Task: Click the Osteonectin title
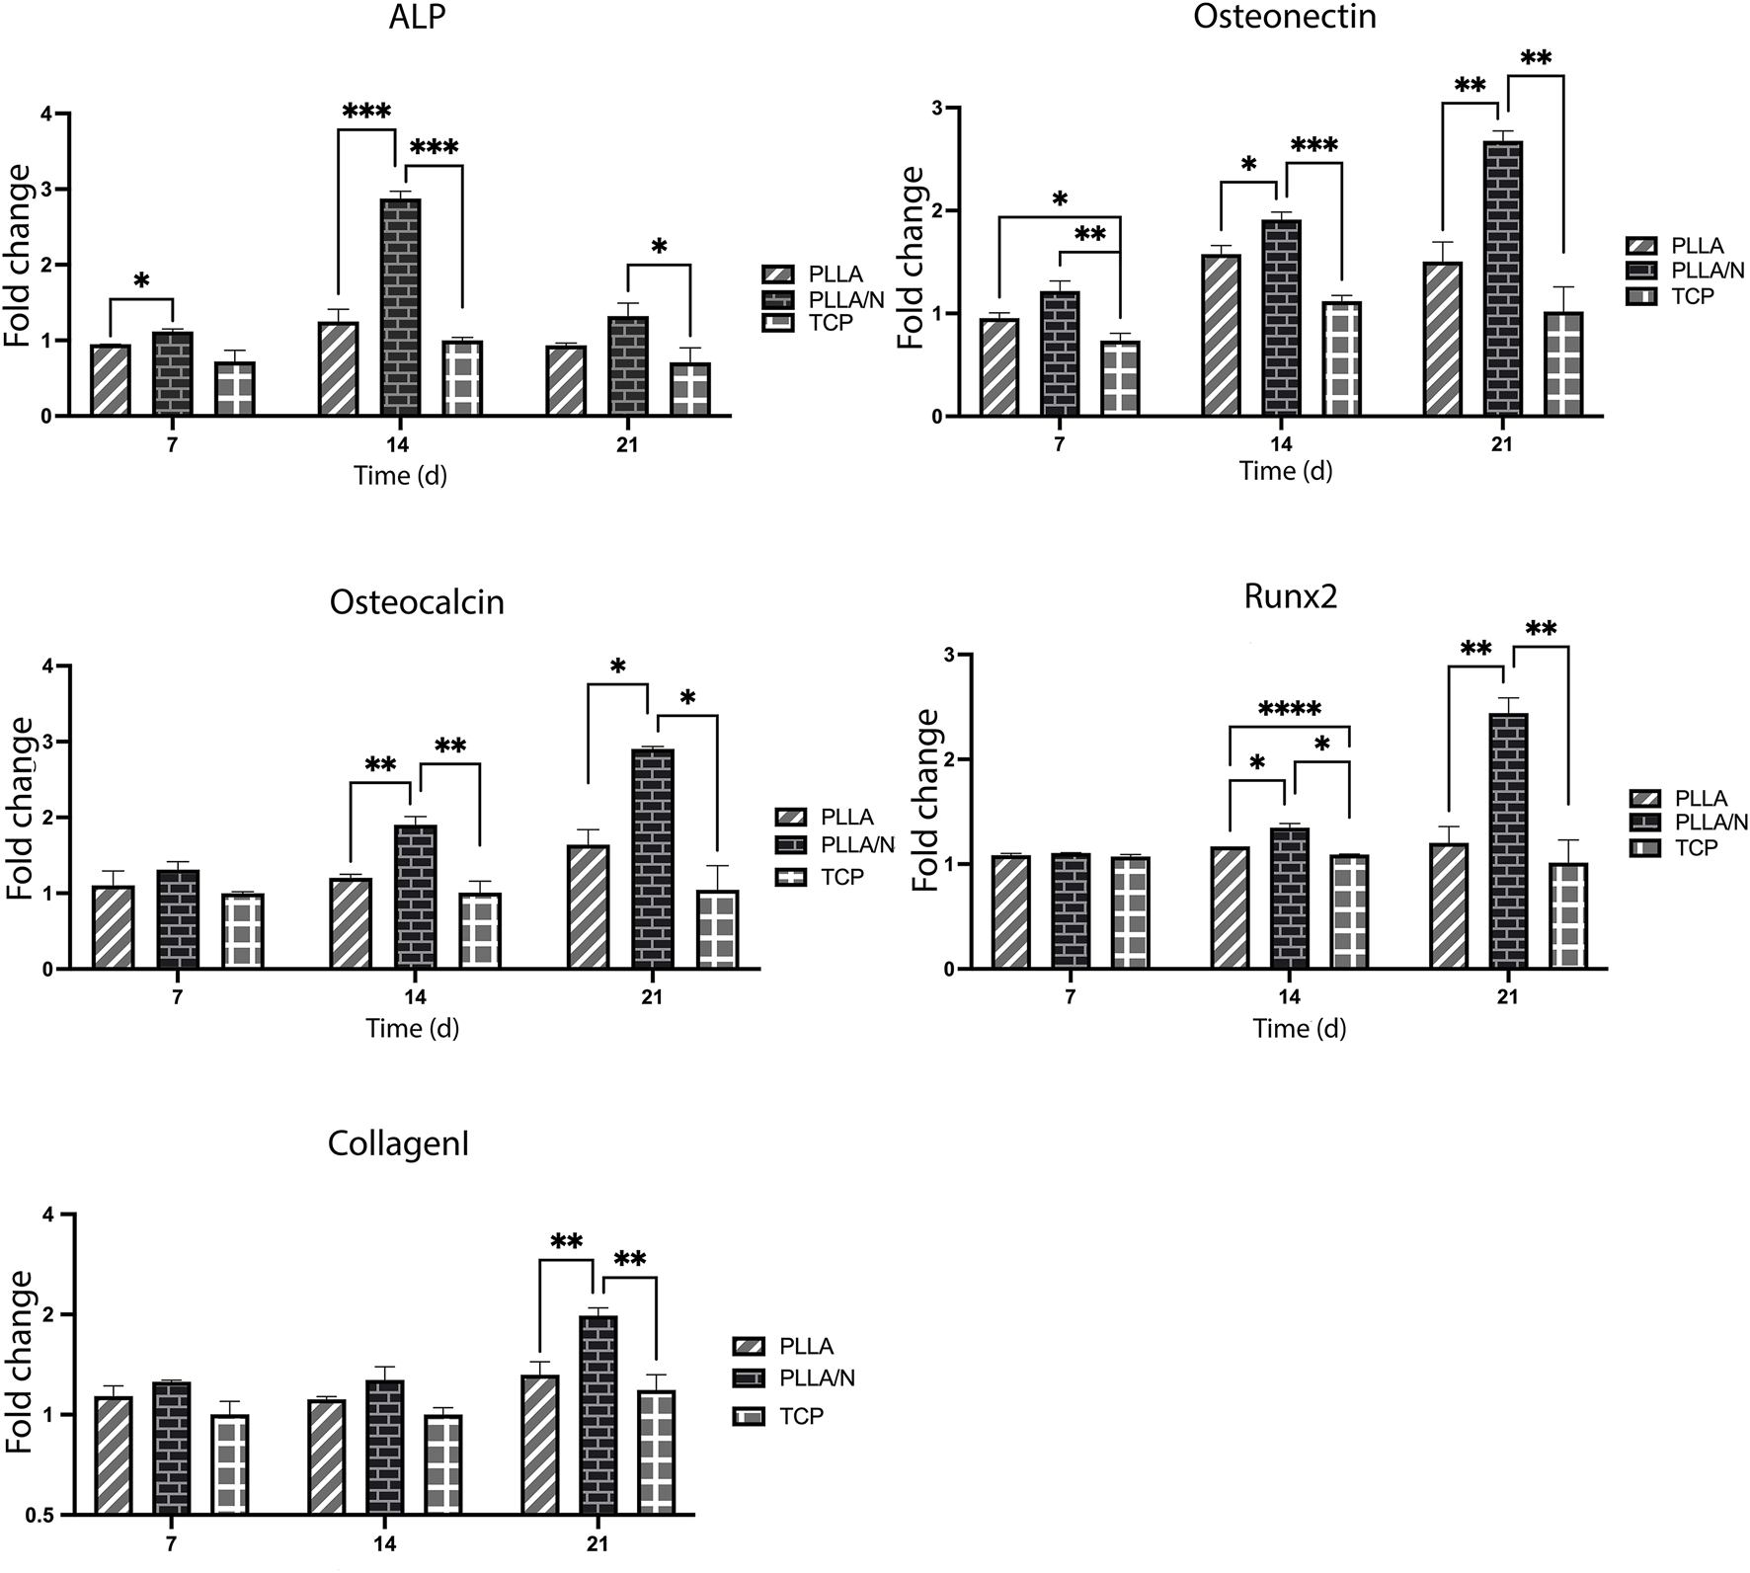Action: click(x=1284, y=17)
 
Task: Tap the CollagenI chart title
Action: click(x=398, y=1144)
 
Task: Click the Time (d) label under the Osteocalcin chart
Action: click(x=413, y=1028)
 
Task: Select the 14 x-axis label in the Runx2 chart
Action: click(x=1288, y=997)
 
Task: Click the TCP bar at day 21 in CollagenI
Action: click(x=655, y=1452)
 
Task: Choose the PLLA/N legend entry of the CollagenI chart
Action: click(x=816, y=1377)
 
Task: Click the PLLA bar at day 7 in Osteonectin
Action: click(x=998, y=366)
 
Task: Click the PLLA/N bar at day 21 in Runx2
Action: click(x=1507, y=839)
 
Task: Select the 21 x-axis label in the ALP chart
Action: click(x=627, y=444)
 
